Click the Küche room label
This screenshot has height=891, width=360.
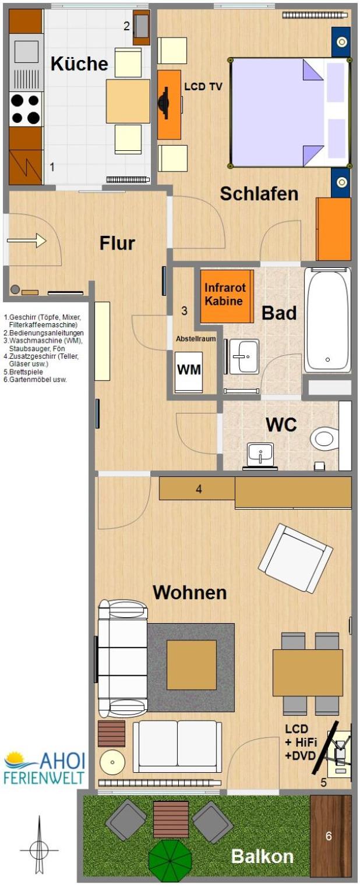[x=79, y=63]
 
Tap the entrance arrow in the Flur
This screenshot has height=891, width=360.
[x=27, y=241]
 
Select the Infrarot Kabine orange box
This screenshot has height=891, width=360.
[x=227, y=296]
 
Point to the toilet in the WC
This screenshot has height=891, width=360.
[x=324, y=439]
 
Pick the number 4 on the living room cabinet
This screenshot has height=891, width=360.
[x=199, y=489]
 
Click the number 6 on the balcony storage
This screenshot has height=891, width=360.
[x=329, y=836]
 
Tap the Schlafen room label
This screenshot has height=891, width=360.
[x=259, y=194]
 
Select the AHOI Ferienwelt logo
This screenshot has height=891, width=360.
[x=44, y=768]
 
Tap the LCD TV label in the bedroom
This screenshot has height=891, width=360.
[x=203, y=86]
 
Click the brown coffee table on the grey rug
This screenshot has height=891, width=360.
[x=191, y=664]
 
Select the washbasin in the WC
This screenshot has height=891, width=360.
[x=260, y=454]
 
